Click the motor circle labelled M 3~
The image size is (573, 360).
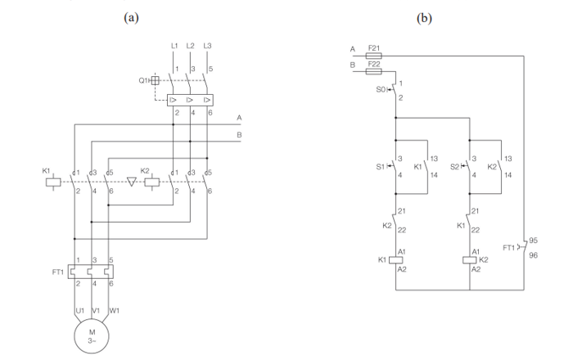92,335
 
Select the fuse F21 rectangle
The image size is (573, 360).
373,56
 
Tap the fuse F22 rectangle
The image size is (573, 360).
373,70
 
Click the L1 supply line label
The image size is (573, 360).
174,45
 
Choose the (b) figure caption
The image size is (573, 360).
424,16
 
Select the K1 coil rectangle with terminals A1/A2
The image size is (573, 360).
395,260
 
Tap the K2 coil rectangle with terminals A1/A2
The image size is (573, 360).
470,260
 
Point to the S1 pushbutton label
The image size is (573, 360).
380,166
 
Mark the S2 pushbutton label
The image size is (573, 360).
455,166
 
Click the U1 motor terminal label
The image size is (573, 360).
79,310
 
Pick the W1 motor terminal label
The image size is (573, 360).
114,310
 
